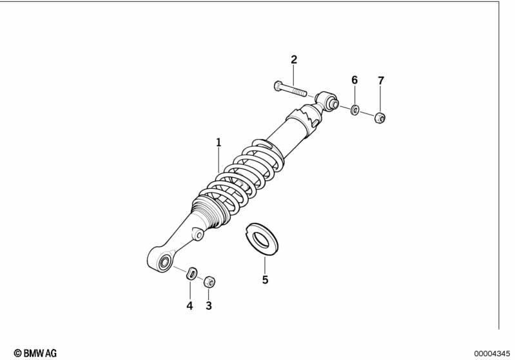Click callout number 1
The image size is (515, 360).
point(219,142)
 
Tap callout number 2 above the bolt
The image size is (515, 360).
point(294,60)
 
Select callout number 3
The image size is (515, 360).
point(209,306)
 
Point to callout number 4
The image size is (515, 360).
point(189,306)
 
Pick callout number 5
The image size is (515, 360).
point(265,280)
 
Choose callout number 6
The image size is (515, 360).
point(354,80)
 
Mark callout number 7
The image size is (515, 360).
point(380,81)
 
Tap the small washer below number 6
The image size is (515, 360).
point(355,109)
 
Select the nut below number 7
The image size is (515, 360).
point(380,117)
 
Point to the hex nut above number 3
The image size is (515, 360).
point(209,281)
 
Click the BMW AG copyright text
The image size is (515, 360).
point(35,353)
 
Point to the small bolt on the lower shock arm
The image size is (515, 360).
point(199,235)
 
